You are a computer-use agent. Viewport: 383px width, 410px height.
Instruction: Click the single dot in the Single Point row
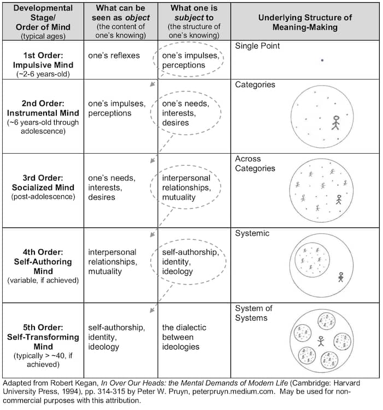coord(322,61)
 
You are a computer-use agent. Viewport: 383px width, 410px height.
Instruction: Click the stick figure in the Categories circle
coord(336,123)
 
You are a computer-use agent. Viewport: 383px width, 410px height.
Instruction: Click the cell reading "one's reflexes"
coord(114,55)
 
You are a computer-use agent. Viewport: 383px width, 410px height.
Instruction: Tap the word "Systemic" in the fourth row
coord(252,233)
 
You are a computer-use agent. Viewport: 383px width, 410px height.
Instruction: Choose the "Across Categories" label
coord(255,164)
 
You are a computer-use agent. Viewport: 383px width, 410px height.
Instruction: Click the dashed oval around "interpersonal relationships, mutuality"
coord(190,187)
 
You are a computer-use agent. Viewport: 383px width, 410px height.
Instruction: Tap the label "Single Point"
coord(257,46)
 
